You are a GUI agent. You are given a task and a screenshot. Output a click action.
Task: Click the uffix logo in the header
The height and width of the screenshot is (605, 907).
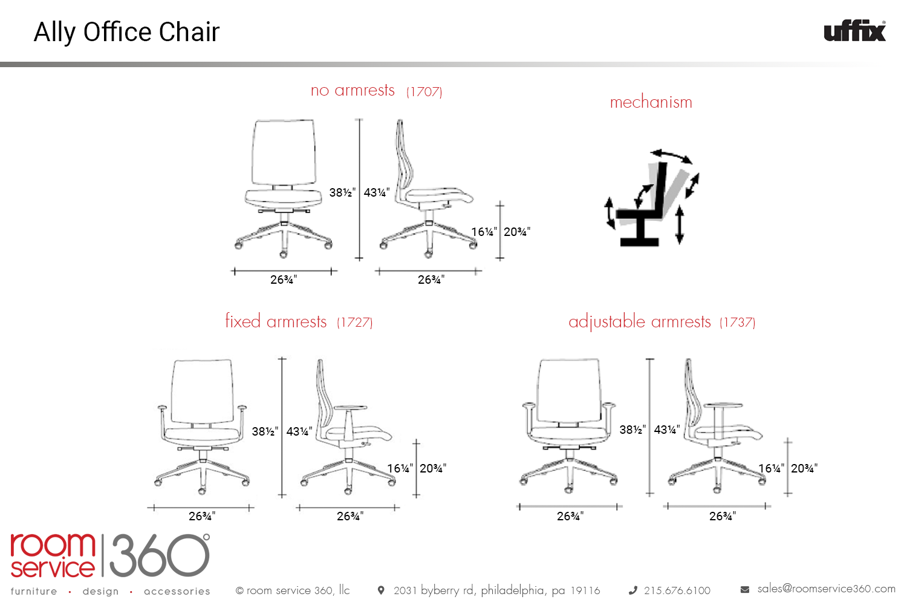(x=855, y=31)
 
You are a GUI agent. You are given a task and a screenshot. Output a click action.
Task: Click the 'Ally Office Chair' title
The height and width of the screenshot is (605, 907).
(x=126, y=32)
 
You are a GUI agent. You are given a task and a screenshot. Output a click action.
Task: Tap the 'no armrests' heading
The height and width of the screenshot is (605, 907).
(x=353, y=90)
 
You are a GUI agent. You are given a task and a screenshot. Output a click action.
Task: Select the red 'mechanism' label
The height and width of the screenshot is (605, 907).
(x=651, y=102)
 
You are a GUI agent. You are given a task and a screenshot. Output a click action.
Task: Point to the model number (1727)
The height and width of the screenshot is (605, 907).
(x=355, y=322)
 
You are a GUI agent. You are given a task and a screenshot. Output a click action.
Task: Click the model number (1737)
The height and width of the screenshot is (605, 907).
(x=737, y=322)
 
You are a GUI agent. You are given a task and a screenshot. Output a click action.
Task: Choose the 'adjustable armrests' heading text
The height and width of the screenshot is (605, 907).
(x=639, y=322)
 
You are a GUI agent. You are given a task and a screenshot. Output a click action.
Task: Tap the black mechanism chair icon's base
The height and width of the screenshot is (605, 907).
(x=639, y=243)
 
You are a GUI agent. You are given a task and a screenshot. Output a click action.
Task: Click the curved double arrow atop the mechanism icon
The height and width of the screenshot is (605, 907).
(x=671, y=156)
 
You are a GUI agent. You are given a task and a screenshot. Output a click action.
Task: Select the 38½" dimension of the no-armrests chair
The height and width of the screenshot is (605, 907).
(x=342, y=192)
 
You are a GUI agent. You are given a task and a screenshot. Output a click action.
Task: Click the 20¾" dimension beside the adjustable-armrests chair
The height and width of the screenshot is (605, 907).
(x=804, y=468)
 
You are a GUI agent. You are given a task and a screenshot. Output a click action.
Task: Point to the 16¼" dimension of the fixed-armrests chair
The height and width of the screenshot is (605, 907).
(x=400, y=468)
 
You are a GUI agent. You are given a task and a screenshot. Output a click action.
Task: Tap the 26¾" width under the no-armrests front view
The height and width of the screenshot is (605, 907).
(x=284, y=280)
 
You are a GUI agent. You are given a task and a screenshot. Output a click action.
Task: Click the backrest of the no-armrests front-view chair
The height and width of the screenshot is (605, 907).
(x=284, y=152)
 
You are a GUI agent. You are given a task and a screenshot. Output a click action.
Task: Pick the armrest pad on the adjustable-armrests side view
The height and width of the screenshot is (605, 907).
(x=723, y=405)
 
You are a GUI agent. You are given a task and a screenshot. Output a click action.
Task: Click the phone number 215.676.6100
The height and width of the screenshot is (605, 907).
(x=677, y=590)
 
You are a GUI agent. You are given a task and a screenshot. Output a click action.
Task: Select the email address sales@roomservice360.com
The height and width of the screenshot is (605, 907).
(x=827, y=589)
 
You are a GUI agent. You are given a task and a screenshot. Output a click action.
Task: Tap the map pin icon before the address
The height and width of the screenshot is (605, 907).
(x=380, y=590)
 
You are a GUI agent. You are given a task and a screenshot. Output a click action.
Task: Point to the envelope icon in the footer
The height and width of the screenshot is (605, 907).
(x=744, y=590)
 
